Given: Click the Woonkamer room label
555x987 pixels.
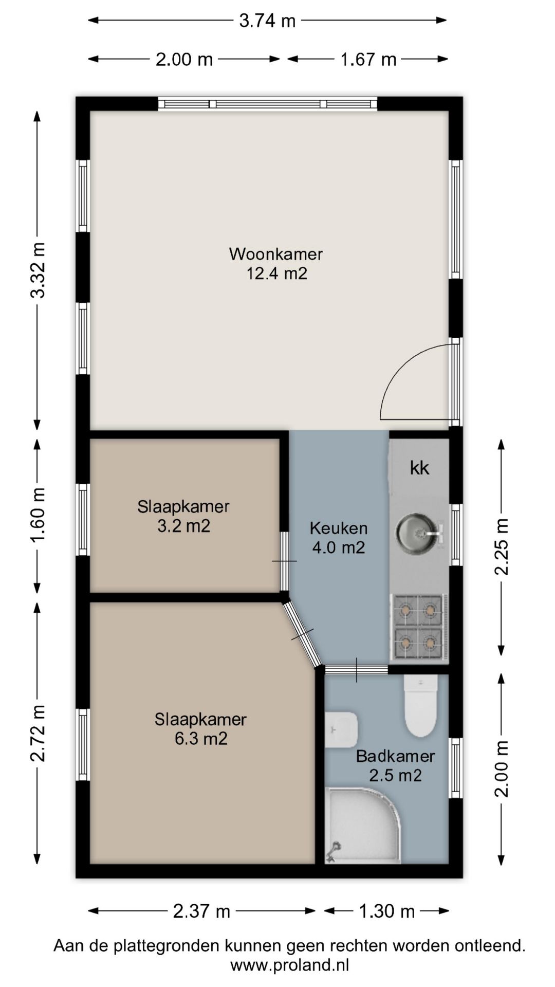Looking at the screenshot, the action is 276,254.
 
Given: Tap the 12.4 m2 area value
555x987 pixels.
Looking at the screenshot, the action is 277,273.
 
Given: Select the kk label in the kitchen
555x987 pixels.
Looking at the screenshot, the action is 420,468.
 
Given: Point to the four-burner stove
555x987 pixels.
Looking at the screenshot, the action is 419,627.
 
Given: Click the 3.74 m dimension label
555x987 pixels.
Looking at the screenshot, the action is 267,21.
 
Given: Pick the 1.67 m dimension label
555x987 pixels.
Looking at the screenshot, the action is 368,60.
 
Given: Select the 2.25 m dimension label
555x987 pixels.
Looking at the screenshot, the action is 501,547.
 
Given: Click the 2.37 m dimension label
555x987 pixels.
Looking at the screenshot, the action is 201,912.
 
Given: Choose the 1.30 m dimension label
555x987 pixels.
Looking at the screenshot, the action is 386,912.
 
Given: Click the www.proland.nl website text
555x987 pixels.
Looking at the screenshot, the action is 290,965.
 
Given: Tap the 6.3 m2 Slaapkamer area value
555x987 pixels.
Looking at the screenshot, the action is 201,739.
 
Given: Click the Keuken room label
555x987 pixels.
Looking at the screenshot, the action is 339,528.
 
